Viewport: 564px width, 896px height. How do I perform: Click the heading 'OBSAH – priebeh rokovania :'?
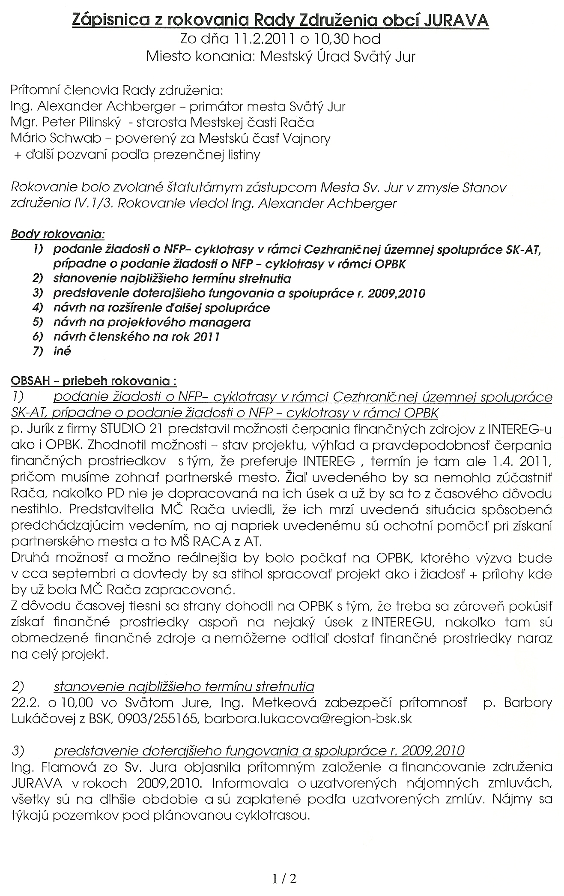(94, 381)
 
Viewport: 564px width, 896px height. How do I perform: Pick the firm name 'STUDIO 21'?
(128, 429)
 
